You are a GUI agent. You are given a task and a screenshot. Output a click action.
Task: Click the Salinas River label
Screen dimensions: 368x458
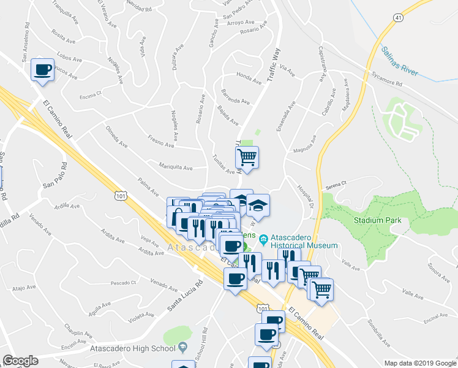coord(400,61)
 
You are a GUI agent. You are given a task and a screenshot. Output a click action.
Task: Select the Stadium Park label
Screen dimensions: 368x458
coord(377,220)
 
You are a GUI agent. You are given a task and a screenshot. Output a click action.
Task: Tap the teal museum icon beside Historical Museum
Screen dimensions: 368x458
coord(264,238)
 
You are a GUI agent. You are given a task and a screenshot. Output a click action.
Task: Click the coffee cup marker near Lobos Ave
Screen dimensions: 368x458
coord(42,70)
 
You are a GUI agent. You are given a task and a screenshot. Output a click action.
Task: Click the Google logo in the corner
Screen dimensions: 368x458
coord(20,361)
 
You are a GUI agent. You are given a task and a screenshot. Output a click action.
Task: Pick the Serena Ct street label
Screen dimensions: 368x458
coord(336,183)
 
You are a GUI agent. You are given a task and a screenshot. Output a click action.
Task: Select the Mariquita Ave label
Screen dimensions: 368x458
coord(176,167)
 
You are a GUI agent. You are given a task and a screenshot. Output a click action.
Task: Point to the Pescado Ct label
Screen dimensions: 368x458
coord(123,282)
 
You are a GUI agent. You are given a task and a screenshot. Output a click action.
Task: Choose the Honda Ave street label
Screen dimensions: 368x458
coord(249,77)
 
